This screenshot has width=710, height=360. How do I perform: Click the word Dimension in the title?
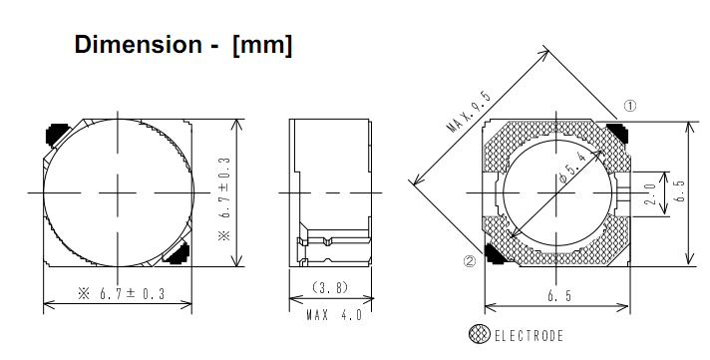(x=138, y=45)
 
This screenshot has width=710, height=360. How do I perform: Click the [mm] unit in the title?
(x=262, y=45)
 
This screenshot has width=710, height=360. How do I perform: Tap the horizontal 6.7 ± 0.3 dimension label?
(x=122, y=294)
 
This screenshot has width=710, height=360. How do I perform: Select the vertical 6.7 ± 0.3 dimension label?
(x=224, y=198)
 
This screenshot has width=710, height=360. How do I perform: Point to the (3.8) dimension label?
(x=330, y=287)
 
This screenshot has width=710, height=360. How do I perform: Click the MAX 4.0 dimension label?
(x=335, y=315)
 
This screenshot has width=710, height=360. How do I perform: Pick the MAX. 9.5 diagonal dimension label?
(x=469, y=112)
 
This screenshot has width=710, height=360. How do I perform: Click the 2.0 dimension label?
(x=650, y=193)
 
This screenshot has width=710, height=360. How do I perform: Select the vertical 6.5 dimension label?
(x=680, y=190)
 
